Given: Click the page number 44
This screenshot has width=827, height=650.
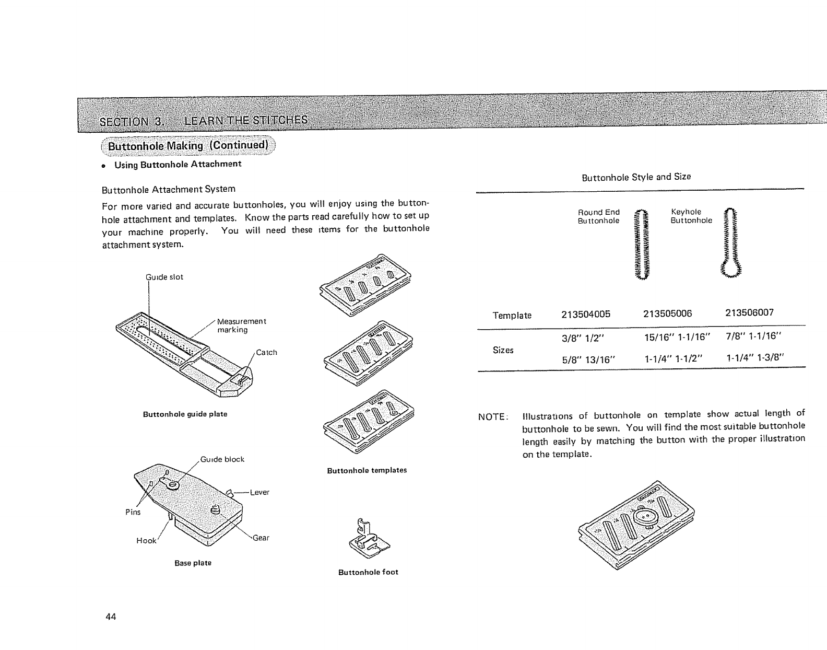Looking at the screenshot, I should click(x=110, y=617).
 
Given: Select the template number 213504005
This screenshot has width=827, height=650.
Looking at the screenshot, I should click(x=585, y=314).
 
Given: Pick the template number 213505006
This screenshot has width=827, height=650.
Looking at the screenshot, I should click(x=667, y=314).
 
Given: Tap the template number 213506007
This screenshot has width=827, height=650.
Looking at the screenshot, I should click(x=749, y=312).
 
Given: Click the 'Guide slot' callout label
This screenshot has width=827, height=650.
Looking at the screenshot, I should click(x=164, y=277).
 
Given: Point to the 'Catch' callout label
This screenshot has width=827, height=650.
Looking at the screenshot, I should click(x=266, y=352).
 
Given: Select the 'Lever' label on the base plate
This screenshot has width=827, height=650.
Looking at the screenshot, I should click(x=259, y=492).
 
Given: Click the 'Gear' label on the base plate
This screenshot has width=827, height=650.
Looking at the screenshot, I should click(x=261, y=538).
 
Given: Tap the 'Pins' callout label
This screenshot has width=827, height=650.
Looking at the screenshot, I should click(x=133, y=512).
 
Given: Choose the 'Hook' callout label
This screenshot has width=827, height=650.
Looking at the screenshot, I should click(x=146, y=541).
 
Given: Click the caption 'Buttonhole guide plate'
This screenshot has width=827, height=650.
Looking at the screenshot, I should click(x=185, y=414).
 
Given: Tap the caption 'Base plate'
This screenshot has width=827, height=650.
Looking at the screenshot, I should click(x=185, y=563).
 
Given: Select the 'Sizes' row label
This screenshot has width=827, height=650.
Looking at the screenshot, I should click(x=503, y=350).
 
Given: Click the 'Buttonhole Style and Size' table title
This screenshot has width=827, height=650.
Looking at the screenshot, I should click(x=636, y=177).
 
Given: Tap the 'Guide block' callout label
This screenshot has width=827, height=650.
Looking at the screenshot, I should click(x=223, y=459).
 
